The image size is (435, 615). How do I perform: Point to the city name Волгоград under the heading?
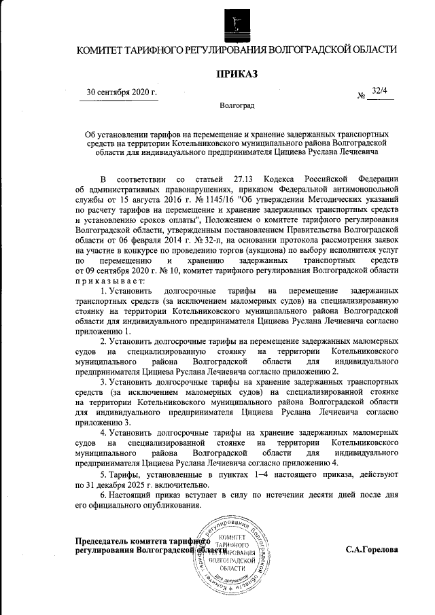pos(237,107)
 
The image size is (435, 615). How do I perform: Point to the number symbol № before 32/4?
pos(362,96)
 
